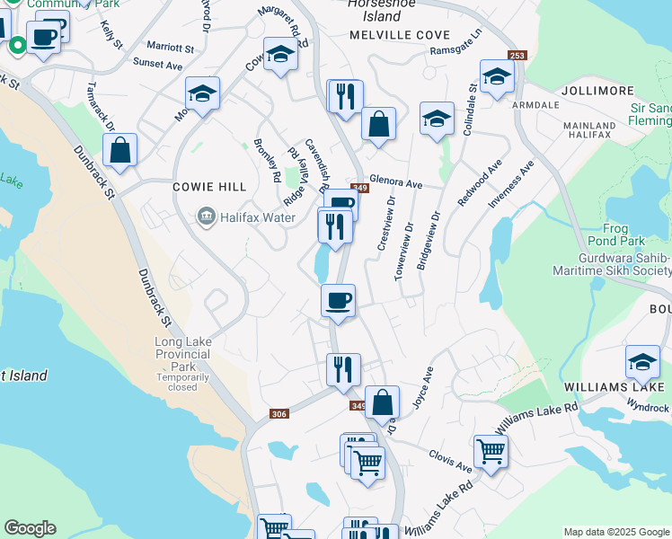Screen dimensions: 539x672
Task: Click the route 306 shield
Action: [x=279, y=413]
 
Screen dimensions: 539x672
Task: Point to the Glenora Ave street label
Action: [x=395, y=183]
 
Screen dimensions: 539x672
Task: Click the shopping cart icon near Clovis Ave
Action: [x=491, y=451]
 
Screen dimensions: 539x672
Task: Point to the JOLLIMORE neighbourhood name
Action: [x=591, y=92]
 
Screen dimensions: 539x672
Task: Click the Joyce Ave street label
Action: [x=422, y=386]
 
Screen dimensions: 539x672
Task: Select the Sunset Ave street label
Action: [x=157, y=64]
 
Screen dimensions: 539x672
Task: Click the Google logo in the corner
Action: [x=30, y=528]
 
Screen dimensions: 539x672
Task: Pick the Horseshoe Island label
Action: [x=374, y=10]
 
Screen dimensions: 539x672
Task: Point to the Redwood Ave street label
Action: [x=478, y=185]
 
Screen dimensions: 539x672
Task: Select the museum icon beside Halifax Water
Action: [x=206, y=216]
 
